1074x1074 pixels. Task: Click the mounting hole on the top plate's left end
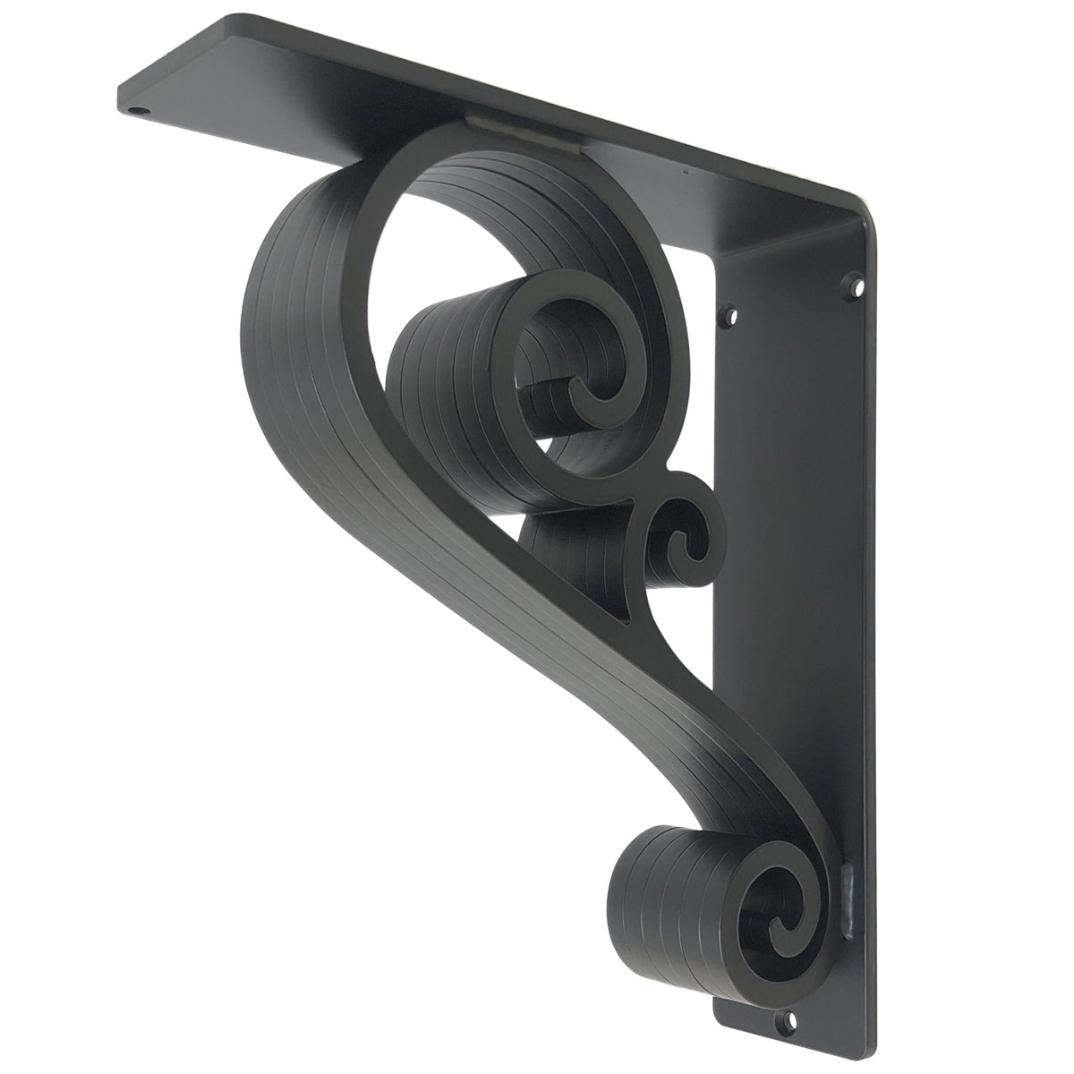coord(137,114)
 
